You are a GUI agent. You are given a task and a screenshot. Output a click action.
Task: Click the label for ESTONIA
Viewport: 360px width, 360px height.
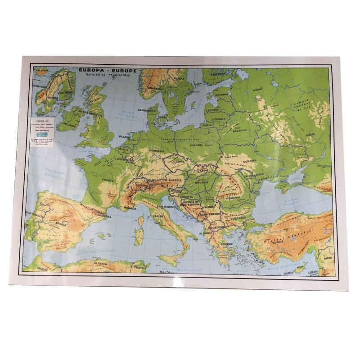tap(221, 95)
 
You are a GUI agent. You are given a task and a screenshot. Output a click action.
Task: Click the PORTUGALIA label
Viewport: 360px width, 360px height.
tap(36, 216)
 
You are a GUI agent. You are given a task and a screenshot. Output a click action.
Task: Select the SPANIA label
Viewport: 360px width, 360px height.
tap(59, 223)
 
